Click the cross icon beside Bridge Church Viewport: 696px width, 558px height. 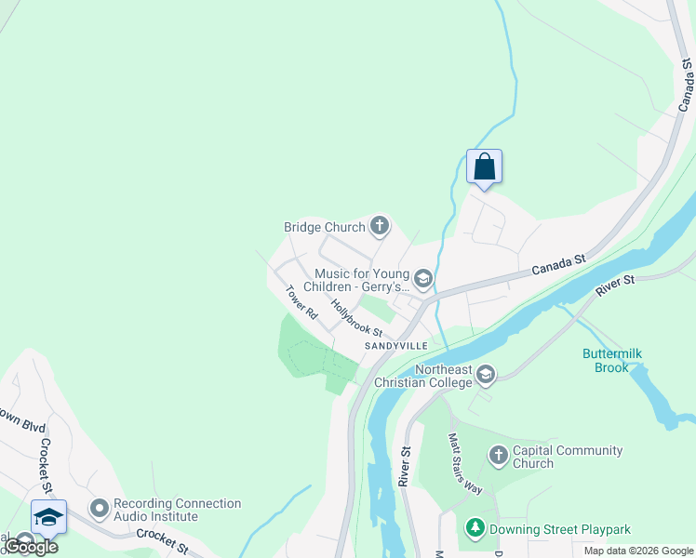(x=379, y=225)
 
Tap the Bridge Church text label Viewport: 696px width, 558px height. (x=324, y=227)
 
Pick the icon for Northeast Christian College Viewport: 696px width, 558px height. (x=485, y=375)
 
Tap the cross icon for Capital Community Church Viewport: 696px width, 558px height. (x=498, y=456)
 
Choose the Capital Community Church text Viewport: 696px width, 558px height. (x=568, y=457)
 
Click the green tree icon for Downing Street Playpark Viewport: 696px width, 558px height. (x=475, y=529)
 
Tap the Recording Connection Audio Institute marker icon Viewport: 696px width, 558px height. (x=100, y=509)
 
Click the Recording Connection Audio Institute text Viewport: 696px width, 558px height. (x=177, y=510)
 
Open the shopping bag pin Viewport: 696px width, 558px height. (x=484, y=167)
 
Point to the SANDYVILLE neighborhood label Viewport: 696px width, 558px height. (x=396, y=346)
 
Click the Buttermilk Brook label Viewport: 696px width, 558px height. (x=612, y=360)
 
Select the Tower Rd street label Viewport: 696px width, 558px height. (x=301, y=302)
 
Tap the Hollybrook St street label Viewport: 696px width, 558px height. (x=356, y=318)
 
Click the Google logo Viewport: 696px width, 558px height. (x=31, y=547)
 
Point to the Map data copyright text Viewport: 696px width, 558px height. (x=638, y=551)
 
